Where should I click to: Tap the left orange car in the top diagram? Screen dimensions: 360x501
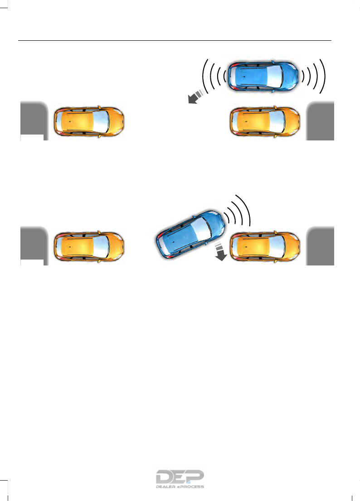point(89,121)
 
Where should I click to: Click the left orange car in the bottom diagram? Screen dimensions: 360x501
point(89,247)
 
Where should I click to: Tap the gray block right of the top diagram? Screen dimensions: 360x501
point(321,120)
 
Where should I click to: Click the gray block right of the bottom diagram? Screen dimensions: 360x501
point(321,246)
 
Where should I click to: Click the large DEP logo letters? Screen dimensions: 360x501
point(180,477)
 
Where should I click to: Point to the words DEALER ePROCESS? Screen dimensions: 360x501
point(180,487)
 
